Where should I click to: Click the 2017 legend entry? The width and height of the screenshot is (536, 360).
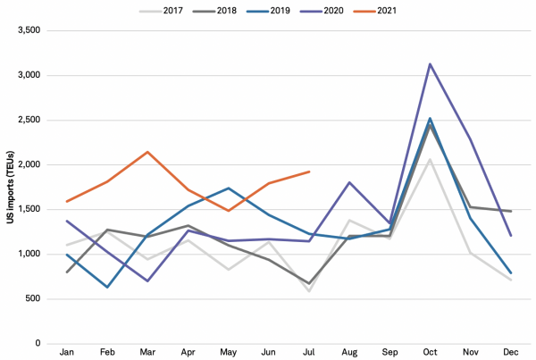pyautogui.click(x=171, y=11)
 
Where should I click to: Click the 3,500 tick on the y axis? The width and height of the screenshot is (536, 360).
pyautogui.click(x=29, y=30)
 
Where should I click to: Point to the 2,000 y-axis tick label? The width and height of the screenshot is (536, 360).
pyautogui.click(x=29, y=164)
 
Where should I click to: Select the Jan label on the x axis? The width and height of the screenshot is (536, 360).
pyautogui.click(x=66, y=354)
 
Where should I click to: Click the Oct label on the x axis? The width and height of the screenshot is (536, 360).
pyautogui.click(x=430, y=354)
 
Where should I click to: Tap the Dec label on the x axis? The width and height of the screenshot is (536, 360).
pyautogui.click(x=511, y=354)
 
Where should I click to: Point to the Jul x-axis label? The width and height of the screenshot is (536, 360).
pyautogui.click(x=309, y=354)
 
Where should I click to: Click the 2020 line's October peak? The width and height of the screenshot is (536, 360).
pyautogui.click(x=430, y=64)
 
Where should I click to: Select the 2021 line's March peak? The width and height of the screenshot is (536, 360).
pyautogui.click(x=147, y=152)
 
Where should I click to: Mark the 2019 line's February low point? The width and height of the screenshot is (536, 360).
pyautogui.click(x=107, y=287)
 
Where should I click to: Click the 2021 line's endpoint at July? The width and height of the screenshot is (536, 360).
pyautogui.click(x=309, y=172)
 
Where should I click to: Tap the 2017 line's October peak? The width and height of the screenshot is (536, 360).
pyautogui.click(x=430, y=159)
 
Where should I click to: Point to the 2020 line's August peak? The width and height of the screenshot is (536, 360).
pyautogui.click(x=349, y=182)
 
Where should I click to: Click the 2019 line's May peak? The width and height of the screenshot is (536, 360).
pyautogui.click(x=228, y=188)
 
